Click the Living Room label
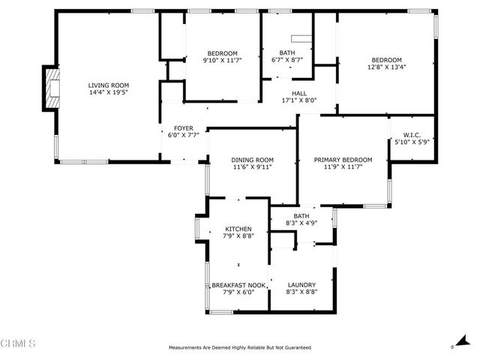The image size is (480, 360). (x=109, y=85)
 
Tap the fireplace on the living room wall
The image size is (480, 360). (x=51, y=88)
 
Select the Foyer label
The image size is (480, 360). (x=184, y=128)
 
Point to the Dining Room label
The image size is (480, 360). (x=252, y=160)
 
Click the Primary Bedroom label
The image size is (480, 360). (x=343, y=160)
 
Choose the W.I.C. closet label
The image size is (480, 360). (x=412, y=136)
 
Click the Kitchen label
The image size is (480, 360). (x=238, y=229)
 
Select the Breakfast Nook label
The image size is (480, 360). (x=238, y=285)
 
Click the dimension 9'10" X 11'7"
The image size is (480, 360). (x=222, y=60)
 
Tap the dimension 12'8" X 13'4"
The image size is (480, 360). (x=386, y=67)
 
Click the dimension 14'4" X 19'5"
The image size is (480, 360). (x=109, y=93)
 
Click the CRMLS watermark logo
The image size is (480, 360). (x=19, y=344)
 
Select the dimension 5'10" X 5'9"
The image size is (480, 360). (x=412, y=143)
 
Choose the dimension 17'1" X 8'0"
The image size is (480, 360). (x=299, y=100)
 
